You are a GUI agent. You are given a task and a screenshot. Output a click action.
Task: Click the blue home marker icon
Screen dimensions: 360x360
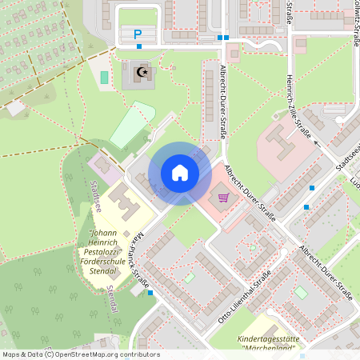pyautogui.click(x=179, y=173)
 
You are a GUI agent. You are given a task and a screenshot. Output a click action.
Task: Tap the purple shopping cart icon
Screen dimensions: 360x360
pyautogui.click(x=223, y=197)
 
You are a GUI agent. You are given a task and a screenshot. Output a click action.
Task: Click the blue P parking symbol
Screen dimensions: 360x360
pyautogui.click(x=138, y=34)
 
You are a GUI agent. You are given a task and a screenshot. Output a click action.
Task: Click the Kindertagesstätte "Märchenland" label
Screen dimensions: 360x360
pyautogui.click(x=267, y=343)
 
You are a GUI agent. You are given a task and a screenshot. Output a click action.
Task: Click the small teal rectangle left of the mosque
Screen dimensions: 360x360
pyautogui.click(x=104, y=78)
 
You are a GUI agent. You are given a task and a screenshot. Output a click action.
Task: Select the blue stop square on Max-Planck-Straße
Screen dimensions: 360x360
pyautogui.click(x=150, y=293)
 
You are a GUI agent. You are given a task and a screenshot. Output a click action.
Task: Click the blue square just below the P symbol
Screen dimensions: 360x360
pyautogui.click(x=139, y=46)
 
